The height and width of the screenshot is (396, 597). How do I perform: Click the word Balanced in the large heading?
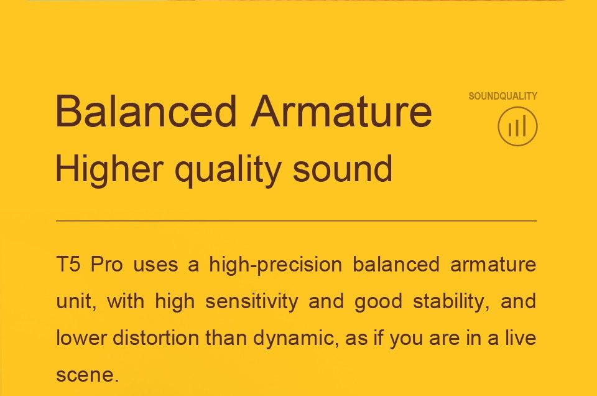pyautogui.click(x=146, y=111)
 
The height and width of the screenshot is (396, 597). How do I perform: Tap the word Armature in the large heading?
pyautogui.click(x=341, y=111)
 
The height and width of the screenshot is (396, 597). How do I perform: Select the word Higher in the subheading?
pyautogui.click(x=109, y=169)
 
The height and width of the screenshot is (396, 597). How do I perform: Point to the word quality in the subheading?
pyautogui.click(x=228, y=171)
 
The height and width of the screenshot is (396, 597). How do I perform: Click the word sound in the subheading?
pyautogui.click(x=343, y=169)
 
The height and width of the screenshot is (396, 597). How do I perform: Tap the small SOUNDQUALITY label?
pyautogui.click(x=502, y=96)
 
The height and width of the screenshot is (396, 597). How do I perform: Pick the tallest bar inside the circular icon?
pyautogui.click(x=525, y=125)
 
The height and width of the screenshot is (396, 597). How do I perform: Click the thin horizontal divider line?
pyautogui.click(x=296, y=220)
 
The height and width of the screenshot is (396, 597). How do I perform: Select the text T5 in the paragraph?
pyautogui.click(x=68, y=264)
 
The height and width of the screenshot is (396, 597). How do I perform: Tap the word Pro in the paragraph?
pyautogui.click(x=106, y=264)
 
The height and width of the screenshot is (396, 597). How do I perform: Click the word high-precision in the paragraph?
pyautogui.click(x=275, y=265)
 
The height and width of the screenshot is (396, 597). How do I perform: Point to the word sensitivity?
pyautogui.click(x=252, y=302)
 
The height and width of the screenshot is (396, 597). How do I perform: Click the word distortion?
pyautogui.click(x=155, y=337)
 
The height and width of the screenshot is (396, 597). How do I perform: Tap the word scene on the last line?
pyautogui.click(x=87, y=375)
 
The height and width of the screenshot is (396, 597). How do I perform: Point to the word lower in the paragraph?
pyautogui.click(x=81, y=337)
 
